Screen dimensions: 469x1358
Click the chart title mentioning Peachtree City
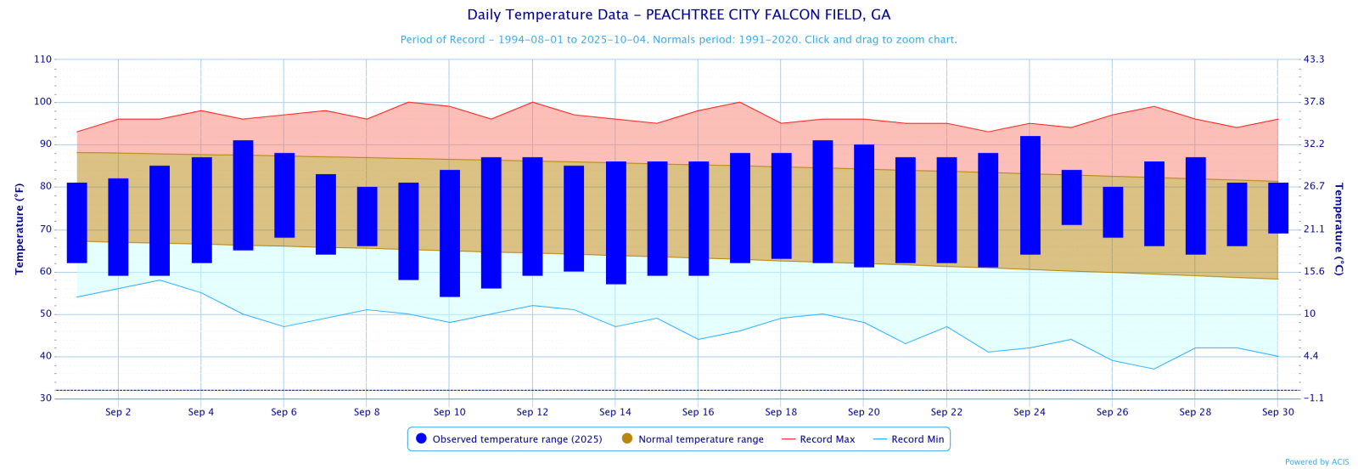(x=678, y=15)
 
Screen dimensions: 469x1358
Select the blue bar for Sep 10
(x=450, y=233)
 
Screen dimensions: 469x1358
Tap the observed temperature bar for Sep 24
(x=1030, y=195)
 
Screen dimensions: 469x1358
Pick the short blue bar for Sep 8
(x=367, y=217)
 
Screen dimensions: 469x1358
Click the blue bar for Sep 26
(x=1113, y=212)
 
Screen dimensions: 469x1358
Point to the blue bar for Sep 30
(x=1278, y=208)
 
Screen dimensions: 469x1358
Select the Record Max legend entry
(x=818, y=439)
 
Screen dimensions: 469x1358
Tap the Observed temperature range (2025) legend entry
(x=508, y=439)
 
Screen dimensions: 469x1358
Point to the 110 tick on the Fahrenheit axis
(x=42, y=59)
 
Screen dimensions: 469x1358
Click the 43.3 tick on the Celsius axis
(x=1314, y=59)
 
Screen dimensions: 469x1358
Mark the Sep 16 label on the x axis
(x=698, y=412)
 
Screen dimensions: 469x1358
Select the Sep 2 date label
(x=118, y=412)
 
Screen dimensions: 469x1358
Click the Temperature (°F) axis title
(x=20, y=229)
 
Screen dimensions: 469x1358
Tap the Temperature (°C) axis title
(x=1338, y=229)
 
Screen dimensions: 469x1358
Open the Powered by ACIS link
(x=1316, y=462)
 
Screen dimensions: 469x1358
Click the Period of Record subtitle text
(x=678, y=40)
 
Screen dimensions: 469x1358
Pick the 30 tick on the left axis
(x=45, y=398)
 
